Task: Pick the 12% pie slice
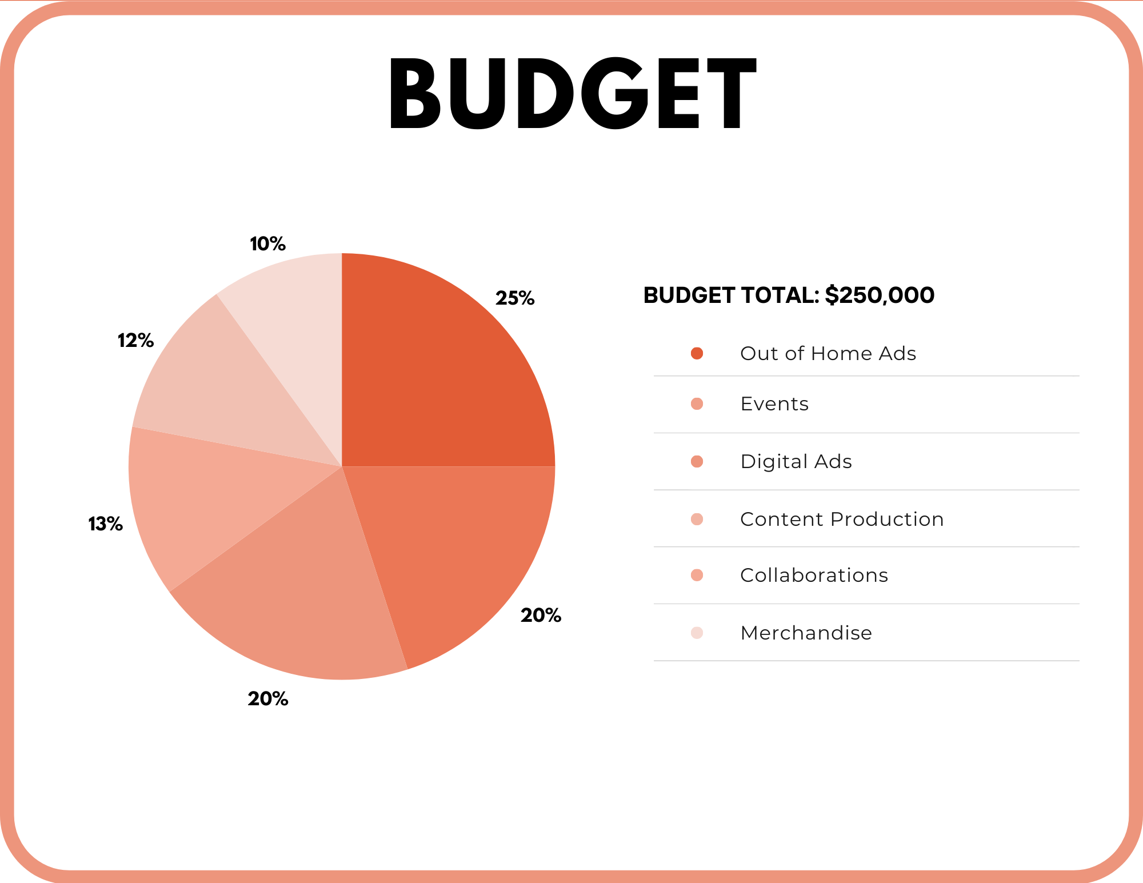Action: coord(217,389)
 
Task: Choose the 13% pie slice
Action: coord(206,503)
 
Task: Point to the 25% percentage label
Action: coord(515,298)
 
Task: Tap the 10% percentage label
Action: coord(267,244)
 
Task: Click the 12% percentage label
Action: coord(135,341)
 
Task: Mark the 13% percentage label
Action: coord(106,524)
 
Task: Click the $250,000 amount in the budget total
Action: coord(880,295)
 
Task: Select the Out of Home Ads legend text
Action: coord(828,353)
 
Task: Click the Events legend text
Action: coord(774,404)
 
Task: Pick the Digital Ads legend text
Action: coord(796,461)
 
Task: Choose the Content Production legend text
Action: coord(841,519)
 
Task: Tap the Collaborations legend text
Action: coord(814,575)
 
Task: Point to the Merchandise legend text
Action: coord(806,633)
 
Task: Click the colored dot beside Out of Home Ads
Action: coord(697,353)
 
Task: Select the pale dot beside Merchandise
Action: coord(697,633)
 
